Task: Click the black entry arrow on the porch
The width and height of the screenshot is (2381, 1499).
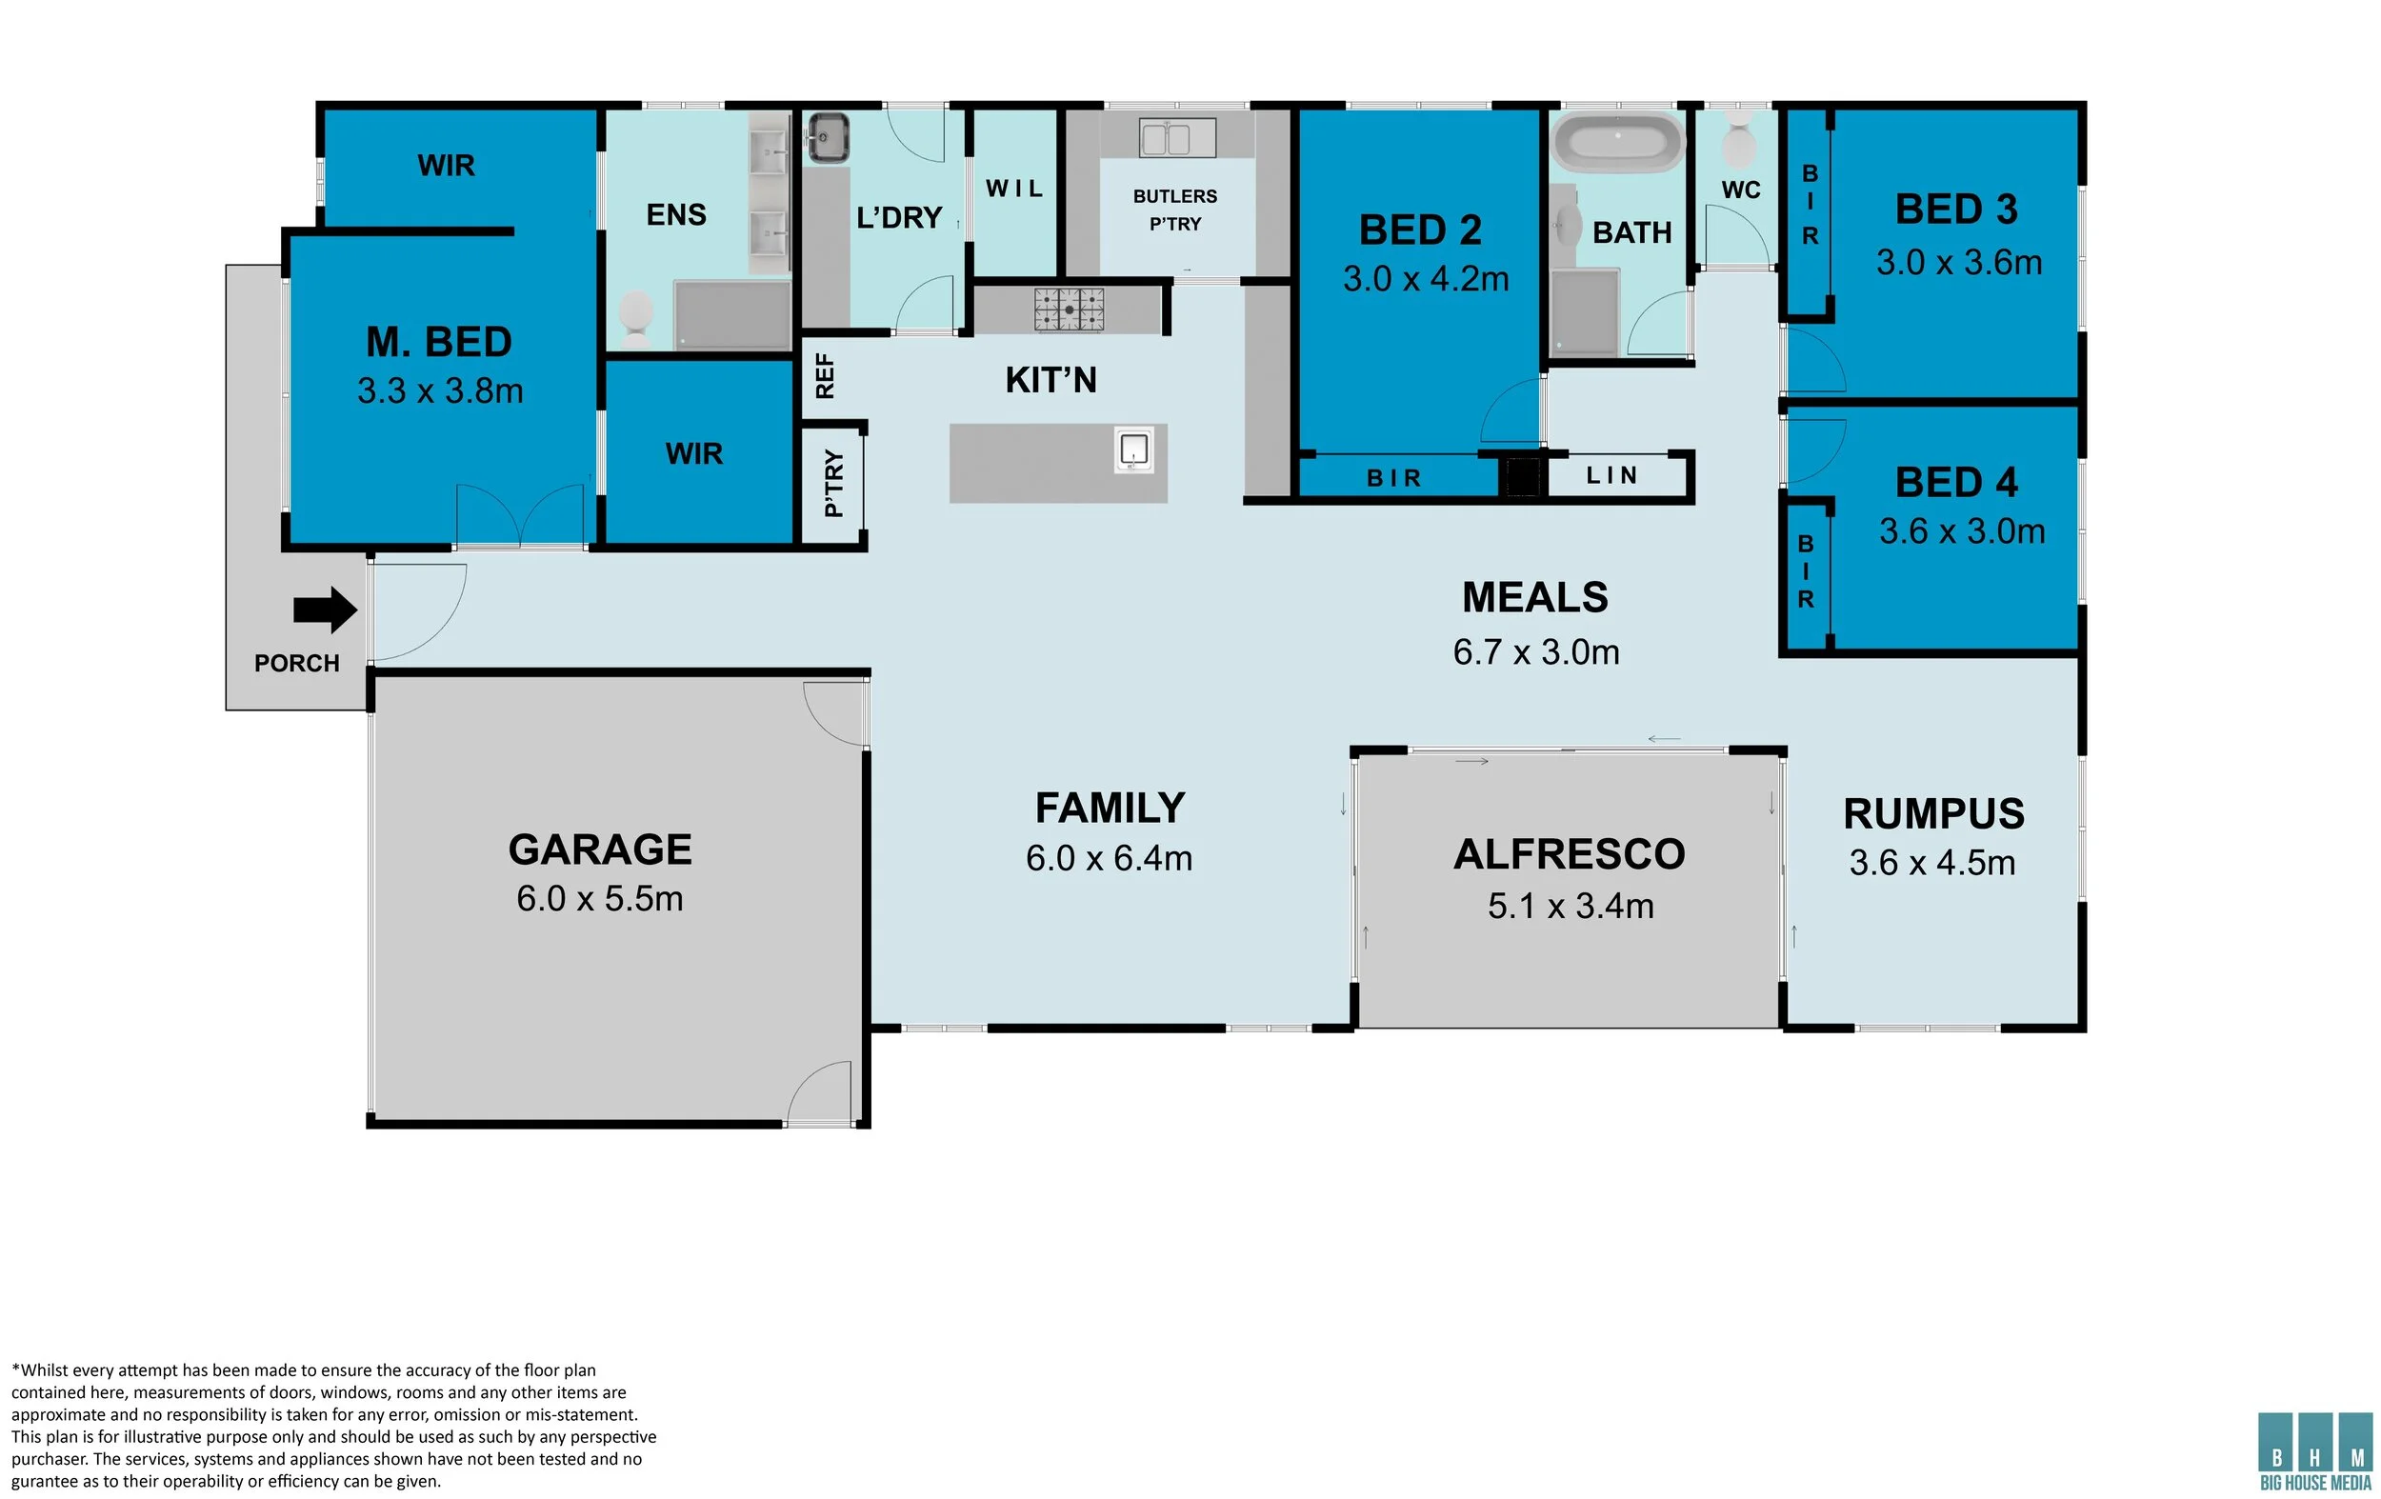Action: (326, 610)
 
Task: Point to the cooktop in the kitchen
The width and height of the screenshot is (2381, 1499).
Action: (1069, 309)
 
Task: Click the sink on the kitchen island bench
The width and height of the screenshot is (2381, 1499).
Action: (1133, 450)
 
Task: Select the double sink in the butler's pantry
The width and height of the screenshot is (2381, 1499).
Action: (1176, 137)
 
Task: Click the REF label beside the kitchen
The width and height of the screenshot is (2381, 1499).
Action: (825, 376)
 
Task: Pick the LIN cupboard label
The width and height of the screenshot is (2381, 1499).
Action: (1611, 475)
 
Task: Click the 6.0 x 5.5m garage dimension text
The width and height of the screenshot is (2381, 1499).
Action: (599, 899)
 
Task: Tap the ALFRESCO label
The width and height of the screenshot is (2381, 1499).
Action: (1570, 854)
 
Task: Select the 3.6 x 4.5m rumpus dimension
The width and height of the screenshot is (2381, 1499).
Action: (1932, 862)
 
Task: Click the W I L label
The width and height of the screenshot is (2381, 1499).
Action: (1013, 189)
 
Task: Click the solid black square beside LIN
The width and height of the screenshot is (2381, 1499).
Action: (1523, 476)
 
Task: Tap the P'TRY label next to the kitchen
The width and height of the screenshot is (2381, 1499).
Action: (833, 484)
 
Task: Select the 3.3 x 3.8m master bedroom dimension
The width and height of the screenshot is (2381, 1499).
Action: (440, 391)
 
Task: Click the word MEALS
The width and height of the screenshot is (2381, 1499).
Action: (1534, 597)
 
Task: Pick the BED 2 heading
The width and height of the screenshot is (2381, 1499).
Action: (1420, 230)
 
